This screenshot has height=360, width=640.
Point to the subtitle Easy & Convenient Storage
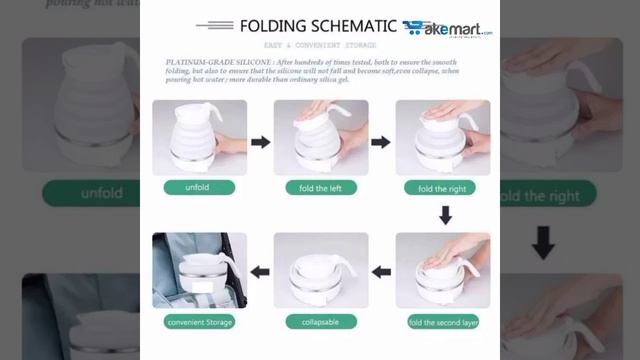click(319, 46)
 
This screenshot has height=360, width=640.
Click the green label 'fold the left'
click(320, 188)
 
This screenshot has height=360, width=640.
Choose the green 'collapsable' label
click(320, 321)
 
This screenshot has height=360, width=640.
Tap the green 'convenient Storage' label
click(200, 321)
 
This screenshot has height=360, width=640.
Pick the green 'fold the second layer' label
click(444, 321)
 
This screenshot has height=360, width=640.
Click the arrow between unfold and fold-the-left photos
click(260, 142)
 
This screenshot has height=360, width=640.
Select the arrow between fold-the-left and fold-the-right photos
click(380, 142)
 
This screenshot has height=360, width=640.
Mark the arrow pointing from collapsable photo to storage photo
click(260, 271)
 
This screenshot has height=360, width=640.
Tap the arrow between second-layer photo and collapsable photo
click(380, 271)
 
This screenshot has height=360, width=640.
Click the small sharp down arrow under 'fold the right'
click(445, 214)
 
